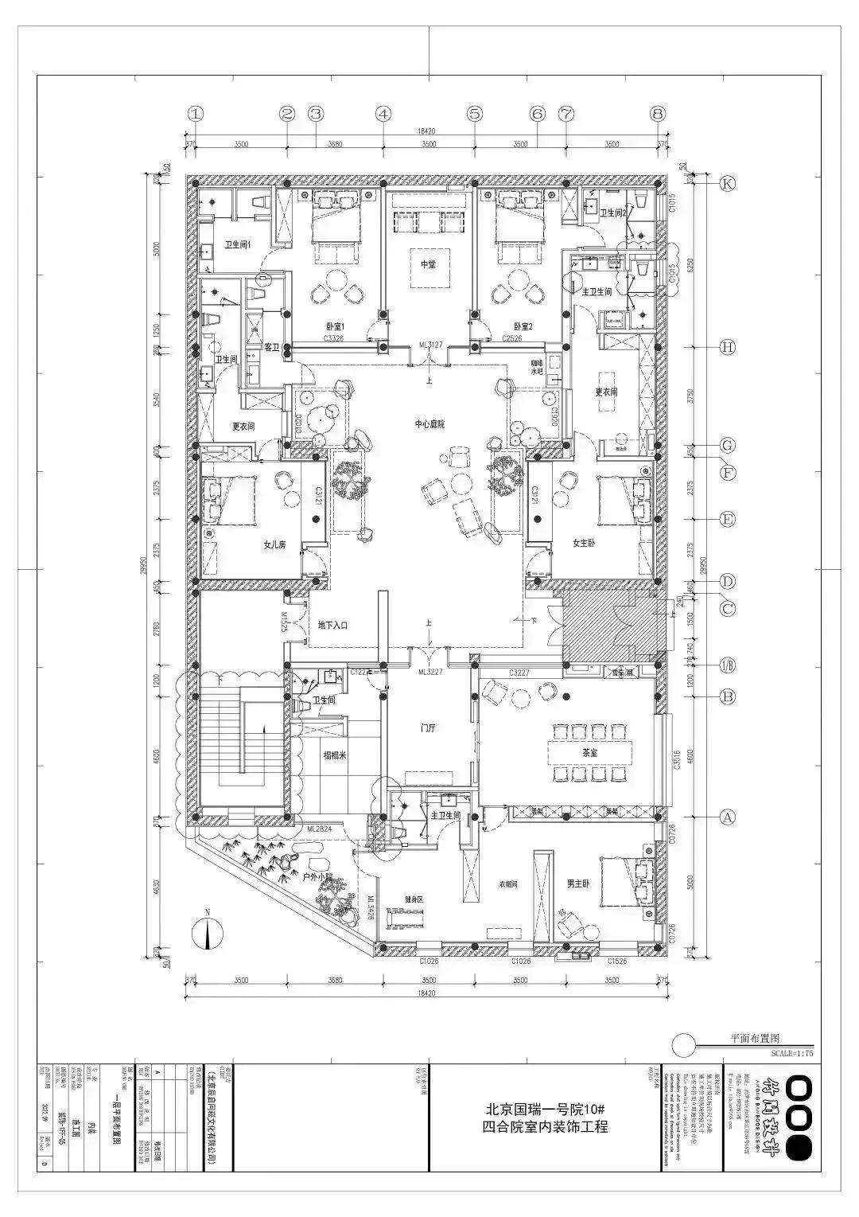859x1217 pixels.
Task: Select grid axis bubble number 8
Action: pos(657,114)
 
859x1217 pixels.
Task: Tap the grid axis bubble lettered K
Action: pos(726,184)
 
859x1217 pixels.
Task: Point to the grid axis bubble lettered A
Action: pos(726,817)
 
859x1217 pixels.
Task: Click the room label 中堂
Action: pos(429,264)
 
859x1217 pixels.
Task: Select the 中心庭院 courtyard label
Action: pos(429,424)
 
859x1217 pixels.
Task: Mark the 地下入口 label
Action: pos(332,626)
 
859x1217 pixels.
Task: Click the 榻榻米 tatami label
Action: pos(335,755)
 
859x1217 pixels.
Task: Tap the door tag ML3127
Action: pos(430,345)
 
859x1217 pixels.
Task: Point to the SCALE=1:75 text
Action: pos(792,1052)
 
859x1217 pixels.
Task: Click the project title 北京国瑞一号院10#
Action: pos(546,1108)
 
